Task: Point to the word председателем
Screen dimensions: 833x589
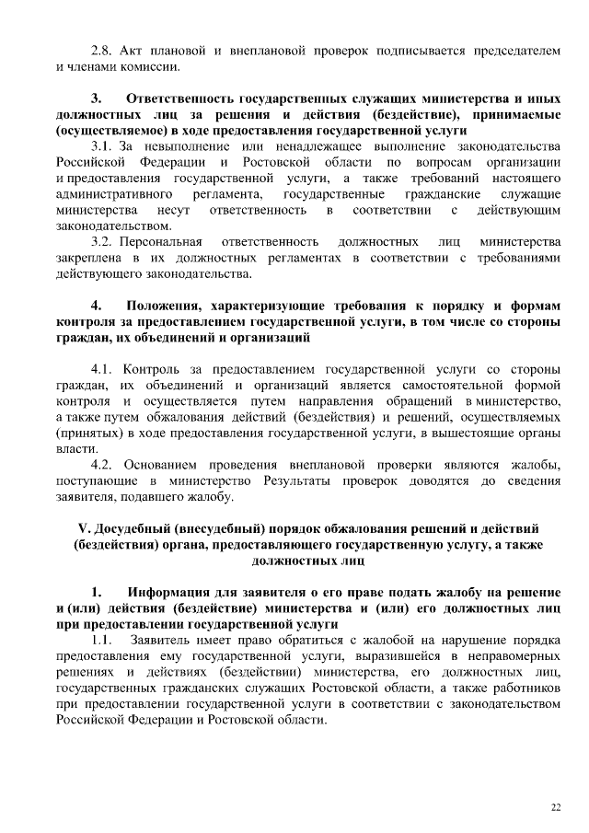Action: point(515,50)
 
